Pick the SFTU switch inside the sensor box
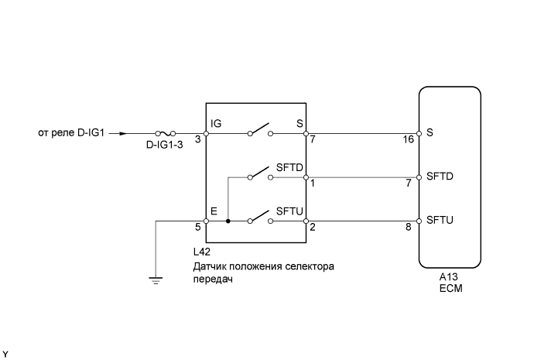tap(260, 218)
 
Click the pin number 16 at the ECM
tap(408, 140)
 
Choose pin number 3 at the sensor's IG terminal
tap(198, 140)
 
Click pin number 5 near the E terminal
tap(198, 228)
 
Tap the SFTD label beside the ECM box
tap(439, 177)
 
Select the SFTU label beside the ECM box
tap(439, 221)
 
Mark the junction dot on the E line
tap(228, 221)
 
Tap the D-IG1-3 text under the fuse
tap(166, 145)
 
